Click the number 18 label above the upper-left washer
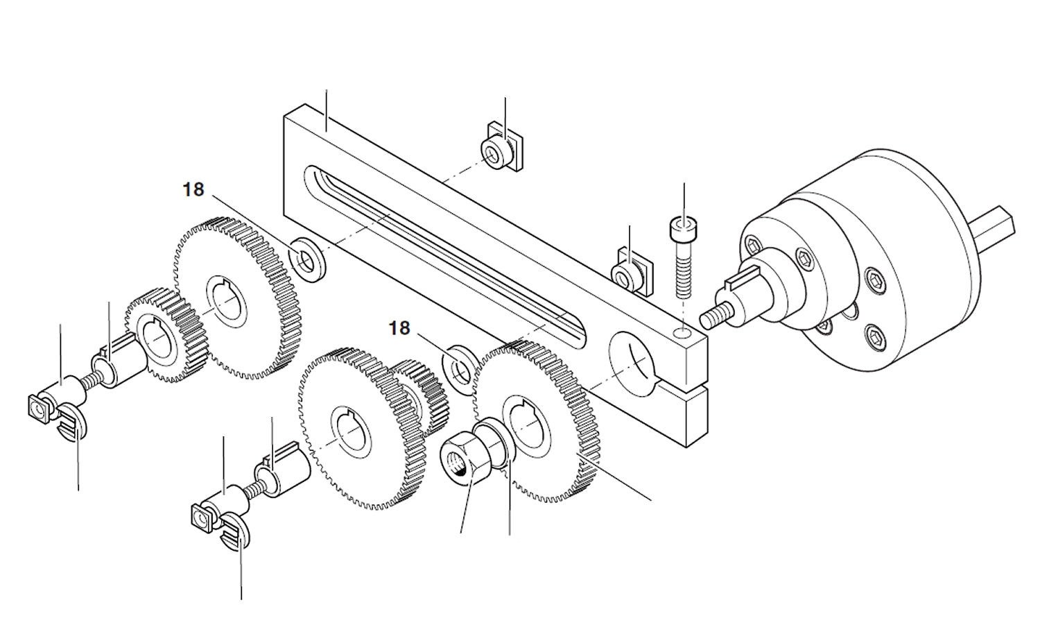coord(193,189)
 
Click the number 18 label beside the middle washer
coord(399,327)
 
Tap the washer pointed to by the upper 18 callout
coord(306,259)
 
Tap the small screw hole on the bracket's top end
coord(684,334)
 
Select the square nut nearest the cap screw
coord(630,273)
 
